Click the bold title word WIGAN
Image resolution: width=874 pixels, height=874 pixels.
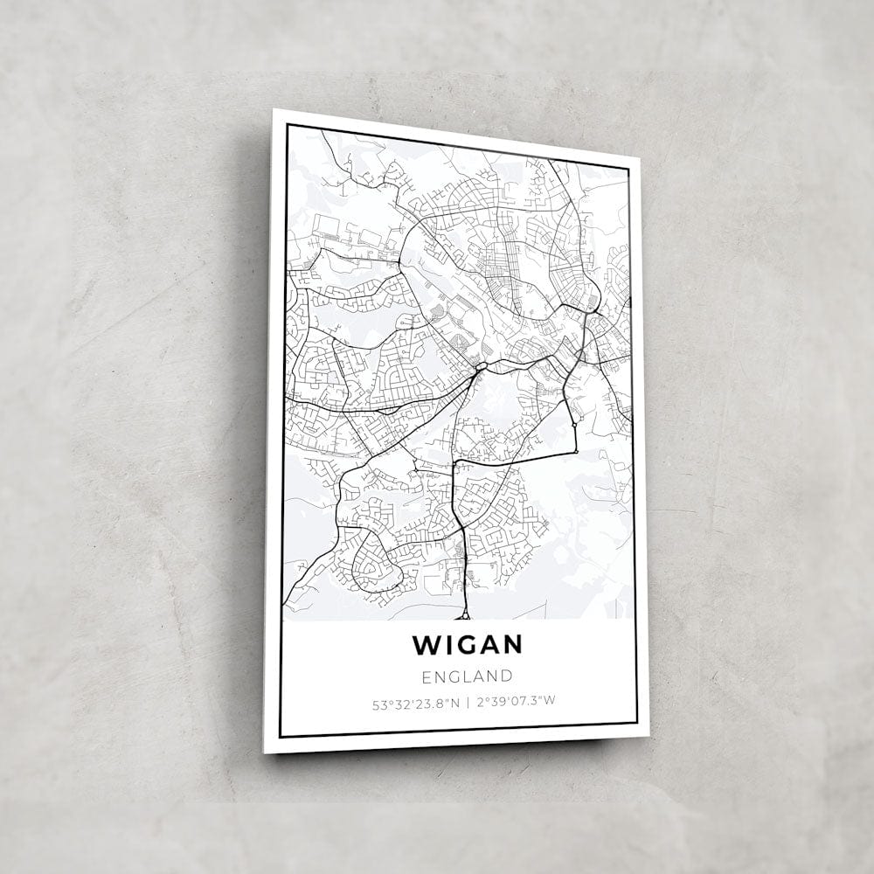[468, 645]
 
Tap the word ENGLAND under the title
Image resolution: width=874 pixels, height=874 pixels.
[467, 676]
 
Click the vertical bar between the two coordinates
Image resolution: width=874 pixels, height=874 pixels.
[468, 701]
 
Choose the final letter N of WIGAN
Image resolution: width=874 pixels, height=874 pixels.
[512, 645]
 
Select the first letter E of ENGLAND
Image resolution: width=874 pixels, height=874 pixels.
[427, 676]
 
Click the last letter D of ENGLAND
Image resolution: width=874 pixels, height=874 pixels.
[507, 676]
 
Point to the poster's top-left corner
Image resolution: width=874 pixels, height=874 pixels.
[274, 110]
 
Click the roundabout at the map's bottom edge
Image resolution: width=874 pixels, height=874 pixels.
[465, 615]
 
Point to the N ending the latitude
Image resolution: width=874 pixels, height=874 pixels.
[454, 701]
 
